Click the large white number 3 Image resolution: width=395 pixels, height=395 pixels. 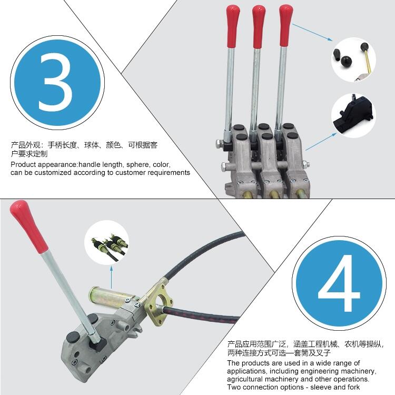click(55, 82)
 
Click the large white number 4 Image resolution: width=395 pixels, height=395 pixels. click(339, 283)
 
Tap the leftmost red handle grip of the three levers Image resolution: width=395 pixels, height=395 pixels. click(233, 26)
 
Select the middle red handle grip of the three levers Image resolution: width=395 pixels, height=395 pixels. click(259, 26)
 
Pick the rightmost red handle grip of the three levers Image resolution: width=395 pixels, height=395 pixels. click(285, 26)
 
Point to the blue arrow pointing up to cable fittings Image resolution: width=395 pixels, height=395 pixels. click(111, 278)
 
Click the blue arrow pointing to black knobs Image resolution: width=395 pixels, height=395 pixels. click(312, 32)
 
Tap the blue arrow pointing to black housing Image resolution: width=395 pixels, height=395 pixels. click(321, 142)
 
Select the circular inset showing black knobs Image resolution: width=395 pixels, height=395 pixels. click(353, 60)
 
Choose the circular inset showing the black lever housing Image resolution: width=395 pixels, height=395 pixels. click(353, 116)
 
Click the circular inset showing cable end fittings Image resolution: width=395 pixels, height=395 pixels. click(106, 242)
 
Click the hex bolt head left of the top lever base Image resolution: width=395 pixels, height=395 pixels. click(219, 144)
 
